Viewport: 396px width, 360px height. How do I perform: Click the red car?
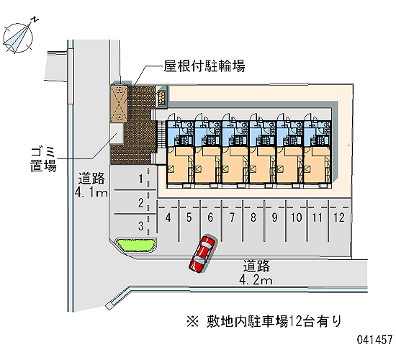202,253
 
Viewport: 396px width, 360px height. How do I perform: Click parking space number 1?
141,179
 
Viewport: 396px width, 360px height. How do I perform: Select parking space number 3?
141,226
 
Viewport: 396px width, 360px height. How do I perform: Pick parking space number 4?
168,217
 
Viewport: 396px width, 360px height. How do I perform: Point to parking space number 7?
232,217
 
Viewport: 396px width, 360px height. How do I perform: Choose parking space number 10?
296,217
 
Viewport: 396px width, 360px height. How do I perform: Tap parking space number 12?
338,217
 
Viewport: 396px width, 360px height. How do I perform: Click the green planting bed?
135,245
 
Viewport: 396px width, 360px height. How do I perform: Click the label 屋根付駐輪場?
204,66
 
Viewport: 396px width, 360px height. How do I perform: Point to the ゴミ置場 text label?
43,159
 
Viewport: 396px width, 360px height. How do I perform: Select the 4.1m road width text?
91,193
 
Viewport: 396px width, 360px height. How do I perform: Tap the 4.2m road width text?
256,280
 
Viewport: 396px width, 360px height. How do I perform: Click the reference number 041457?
375,340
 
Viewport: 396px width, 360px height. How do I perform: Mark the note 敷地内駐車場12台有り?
264,322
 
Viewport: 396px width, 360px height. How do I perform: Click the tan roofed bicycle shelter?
119,104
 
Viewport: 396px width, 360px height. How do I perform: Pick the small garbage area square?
117,134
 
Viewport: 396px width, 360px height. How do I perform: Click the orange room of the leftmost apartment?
180,165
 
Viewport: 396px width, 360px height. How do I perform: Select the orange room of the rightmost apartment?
317,165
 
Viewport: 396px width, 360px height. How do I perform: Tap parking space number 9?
275,217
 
